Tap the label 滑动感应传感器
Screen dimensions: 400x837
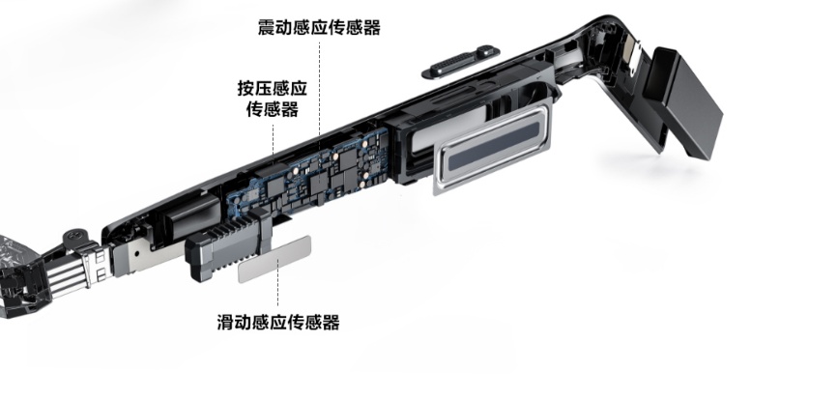point(278,322)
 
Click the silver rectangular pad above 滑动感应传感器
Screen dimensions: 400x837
point(274,258)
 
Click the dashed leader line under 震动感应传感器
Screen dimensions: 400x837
point(320,87)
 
